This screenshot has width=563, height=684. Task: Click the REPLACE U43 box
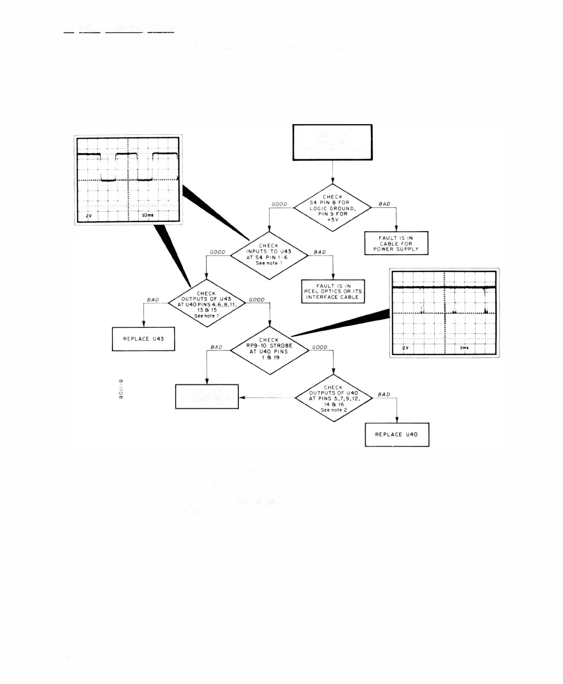pyautogui.click(x=143, y=339)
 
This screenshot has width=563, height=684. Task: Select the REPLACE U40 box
pyautogui.click(x=397, y=435)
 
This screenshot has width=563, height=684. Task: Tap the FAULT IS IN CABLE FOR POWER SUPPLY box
pyautogui.click(x=396, y=243)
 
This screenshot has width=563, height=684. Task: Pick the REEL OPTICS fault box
pyautogui.click(x=333, y=291)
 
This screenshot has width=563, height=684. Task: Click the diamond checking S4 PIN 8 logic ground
pyautogui.click(x=332, y=208)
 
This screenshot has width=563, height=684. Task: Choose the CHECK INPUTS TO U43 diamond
pyautogui.click(x=269, y=255)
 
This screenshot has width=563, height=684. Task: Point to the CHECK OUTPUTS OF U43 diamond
pyautogui.click(x=207, y=303)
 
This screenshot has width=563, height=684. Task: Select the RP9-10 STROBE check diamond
pyautogui.click(x=269, y=350)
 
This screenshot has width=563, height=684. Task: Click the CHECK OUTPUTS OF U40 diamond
pyautogui.click(x=334, y=398)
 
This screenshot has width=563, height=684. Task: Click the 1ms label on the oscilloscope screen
pyautogui.click(x=464, y=348)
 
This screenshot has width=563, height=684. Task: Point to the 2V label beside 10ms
pyautogui.click(x=88, y=216)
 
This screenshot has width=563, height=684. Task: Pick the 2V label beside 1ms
pyautogui.click(x=405, y=348)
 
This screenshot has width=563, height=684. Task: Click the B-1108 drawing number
pyautogui.click(x=121, y=389)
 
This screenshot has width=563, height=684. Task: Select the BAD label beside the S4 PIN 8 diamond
pyautogui.click(x=384, y=204)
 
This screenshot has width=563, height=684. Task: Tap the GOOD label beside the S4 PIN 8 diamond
pyautogui.click(x=279, y=204)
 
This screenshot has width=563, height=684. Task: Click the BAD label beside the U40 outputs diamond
pyautogui.click(x=384, y=394)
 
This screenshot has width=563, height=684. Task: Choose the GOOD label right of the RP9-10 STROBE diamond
pyautogui.click(x=320, y=347)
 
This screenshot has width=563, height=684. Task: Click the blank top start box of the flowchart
pyautogui.click(x=332, y=142)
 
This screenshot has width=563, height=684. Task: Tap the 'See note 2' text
pyautogui.click(x=334, y=410)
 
